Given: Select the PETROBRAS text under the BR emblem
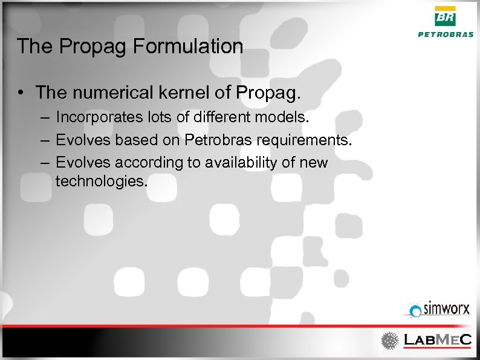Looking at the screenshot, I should pyautogui.click(x=446, y=35).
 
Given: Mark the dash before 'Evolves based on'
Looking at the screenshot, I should pyautogui.click(x=46, y=140).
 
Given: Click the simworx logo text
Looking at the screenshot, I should pyautogui.click(x=446, y=309).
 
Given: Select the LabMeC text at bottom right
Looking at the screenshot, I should pyautogui.click(x=437, y=340).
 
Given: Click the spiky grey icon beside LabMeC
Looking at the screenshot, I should pyautogui.click(x=390, y=340).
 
